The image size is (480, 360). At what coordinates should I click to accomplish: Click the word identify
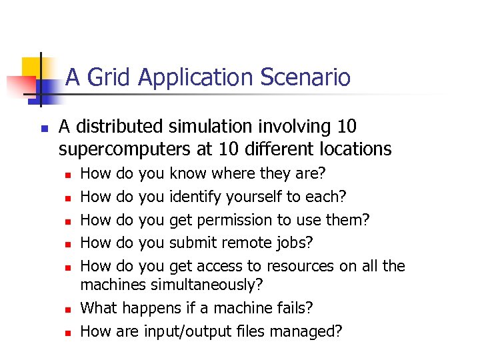[196, 197]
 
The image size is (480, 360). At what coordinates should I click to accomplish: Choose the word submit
[193, 243]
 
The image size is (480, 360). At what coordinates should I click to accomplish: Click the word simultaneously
[207, 285]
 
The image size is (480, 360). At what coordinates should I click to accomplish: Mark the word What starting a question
[98, 308]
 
